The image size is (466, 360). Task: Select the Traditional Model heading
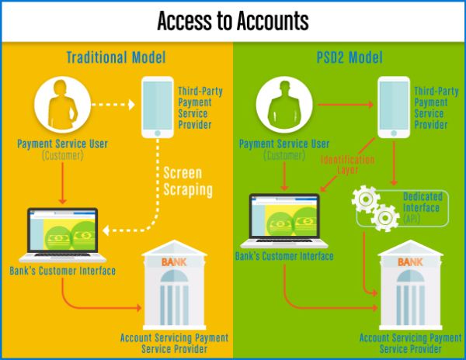[x=116, y=57]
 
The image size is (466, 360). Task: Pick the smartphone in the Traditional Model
[x=158, y=106]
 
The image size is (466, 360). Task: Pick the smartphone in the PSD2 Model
[x=393, y=106]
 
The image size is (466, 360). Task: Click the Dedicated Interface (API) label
[x=422, y=209]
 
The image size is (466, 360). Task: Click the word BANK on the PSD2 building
[x=409, y=262]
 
